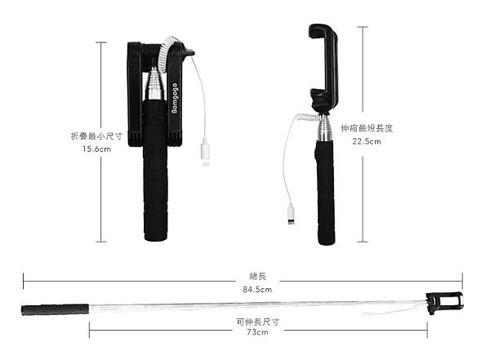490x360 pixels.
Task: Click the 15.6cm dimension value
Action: point(96,149)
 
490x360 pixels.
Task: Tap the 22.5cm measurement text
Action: point(367,141)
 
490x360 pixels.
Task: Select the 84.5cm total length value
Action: point(257,290)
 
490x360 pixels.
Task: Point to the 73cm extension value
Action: point(257,332)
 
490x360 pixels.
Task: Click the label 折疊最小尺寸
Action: point(97,136)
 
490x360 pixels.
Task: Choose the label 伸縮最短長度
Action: point(367,128)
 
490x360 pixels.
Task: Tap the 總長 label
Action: point(258,276)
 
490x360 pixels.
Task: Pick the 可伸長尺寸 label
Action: point(258,322)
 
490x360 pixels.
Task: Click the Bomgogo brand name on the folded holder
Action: point(175,98)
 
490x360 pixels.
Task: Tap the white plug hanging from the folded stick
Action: point(205,152)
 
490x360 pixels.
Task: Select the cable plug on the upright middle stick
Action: point(291,215)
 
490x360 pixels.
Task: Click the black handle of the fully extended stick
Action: point(56,309)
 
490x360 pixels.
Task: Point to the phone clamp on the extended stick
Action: point(444,302)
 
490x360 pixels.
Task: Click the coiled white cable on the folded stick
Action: point(164,53)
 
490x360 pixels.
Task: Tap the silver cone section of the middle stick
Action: point(325,128)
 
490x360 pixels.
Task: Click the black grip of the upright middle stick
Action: point(326,193)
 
